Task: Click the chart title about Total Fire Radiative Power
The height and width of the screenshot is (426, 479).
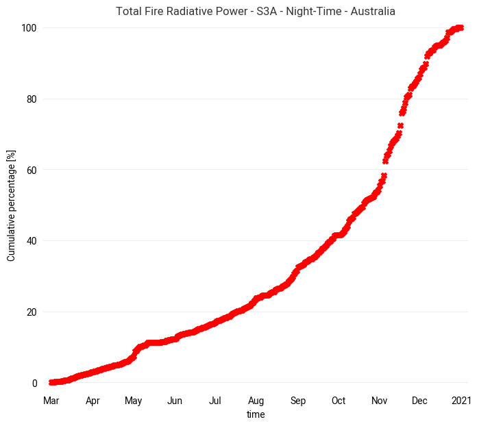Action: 256,12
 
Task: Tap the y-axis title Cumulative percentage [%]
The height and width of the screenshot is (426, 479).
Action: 11,205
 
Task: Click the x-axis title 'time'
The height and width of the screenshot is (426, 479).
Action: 256,414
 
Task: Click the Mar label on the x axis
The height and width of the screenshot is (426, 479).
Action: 51,401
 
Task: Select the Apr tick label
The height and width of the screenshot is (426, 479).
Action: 93,401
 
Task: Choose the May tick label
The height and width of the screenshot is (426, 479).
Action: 133,401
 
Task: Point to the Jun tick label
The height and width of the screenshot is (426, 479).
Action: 175,401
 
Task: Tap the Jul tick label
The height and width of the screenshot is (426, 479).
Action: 215,401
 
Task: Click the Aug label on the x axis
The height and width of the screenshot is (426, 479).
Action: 256,401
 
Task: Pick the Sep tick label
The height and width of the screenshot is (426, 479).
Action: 298,401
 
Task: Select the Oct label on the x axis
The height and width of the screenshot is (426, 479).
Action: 339,401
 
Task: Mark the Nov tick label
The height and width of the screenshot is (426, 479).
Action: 380,401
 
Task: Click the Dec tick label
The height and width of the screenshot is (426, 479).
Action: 420,401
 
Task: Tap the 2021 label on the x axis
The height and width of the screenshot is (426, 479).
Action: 461,401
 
